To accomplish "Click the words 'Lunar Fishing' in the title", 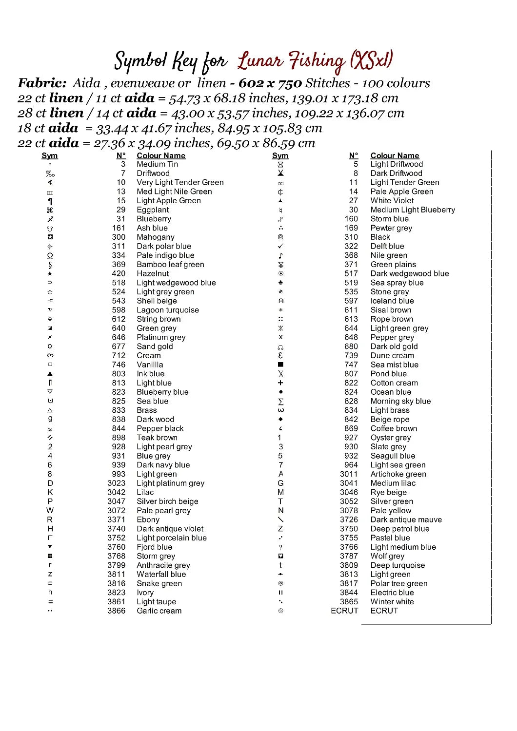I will (291, 61).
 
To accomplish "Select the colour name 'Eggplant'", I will (153, 210).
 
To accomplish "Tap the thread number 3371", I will (117, 519).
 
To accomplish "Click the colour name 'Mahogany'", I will (155, 237).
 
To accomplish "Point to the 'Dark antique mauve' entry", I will (406, 519).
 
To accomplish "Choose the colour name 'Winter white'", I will (392, 602).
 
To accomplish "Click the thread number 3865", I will (349, 602).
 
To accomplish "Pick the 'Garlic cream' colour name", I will (159, 611).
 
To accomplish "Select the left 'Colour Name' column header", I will (161, 156).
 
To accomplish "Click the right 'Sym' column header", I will (280, 156).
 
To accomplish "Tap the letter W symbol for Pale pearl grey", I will (50, 510).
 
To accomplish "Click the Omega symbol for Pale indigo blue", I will (50, 256).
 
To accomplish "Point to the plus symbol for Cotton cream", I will (280, 383).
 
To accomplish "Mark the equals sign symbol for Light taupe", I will (50, 602).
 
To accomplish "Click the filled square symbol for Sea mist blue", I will (280, 365).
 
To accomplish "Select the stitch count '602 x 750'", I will (270, 83).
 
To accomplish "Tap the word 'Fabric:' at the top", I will (42, 83).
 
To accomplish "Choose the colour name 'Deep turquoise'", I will (398, 565).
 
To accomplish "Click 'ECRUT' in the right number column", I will (344, 611).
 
